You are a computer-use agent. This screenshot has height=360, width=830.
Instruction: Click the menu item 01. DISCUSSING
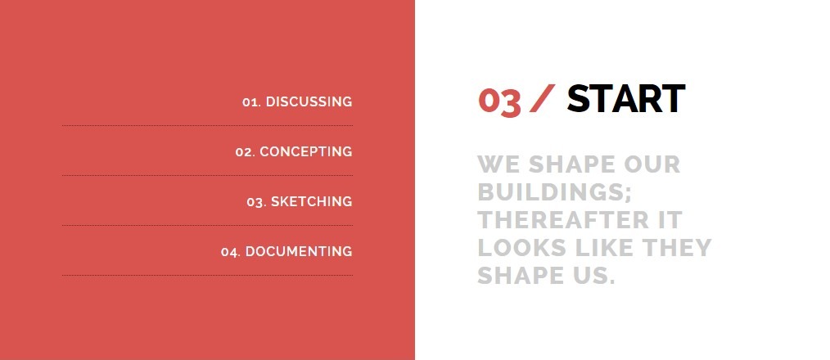tap(297, 101)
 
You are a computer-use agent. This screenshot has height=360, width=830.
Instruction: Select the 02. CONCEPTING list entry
tap(294, 151)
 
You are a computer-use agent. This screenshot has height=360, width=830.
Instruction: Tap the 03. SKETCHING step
tap(300, 202)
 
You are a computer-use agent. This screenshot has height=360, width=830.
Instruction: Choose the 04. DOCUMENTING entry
tap(287, 251)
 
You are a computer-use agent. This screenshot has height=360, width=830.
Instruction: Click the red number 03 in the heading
tap(499, 101)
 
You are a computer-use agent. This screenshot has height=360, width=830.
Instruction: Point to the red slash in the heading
tap(542, 98)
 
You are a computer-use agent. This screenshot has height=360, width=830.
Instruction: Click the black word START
tap(625, 98)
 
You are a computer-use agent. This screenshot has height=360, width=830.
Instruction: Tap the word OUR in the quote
tap(652, 164)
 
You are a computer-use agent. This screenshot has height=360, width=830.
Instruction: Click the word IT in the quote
tap(670, 220)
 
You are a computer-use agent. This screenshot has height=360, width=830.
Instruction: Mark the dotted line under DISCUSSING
tap(208, 125)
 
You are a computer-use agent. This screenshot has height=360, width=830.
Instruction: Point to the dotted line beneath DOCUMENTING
tap(208, 275)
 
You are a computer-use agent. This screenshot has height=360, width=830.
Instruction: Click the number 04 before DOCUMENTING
tap(230, 252)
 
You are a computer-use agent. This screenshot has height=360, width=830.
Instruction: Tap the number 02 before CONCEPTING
tap(244, 152)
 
